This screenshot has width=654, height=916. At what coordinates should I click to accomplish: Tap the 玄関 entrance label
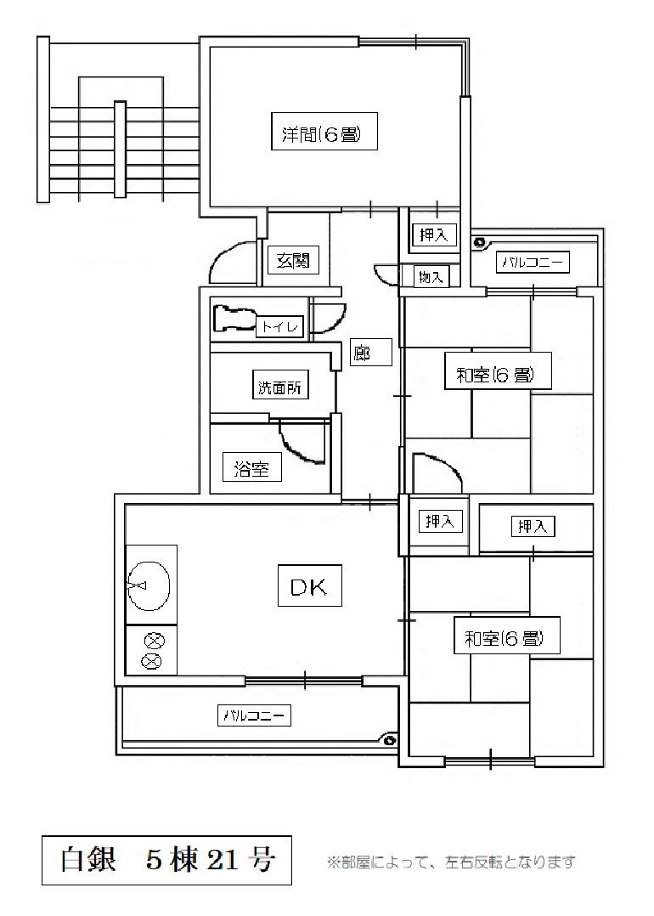tap(292, 261)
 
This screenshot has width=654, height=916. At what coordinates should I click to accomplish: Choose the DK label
tap(309, 585)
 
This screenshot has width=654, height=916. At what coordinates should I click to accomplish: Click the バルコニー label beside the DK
tap(257, 715)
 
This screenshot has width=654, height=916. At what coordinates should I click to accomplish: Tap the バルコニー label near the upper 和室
tap(533, 262)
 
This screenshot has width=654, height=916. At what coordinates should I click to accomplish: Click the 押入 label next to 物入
tap(435, 235)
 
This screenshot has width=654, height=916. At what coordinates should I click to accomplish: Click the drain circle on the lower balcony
tap(390, 739)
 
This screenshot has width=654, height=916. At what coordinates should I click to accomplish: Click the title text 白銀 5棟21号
tap(167, 861)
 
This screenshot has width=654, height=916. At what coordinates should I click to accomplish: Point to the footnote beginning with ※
tap(451, 862)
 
